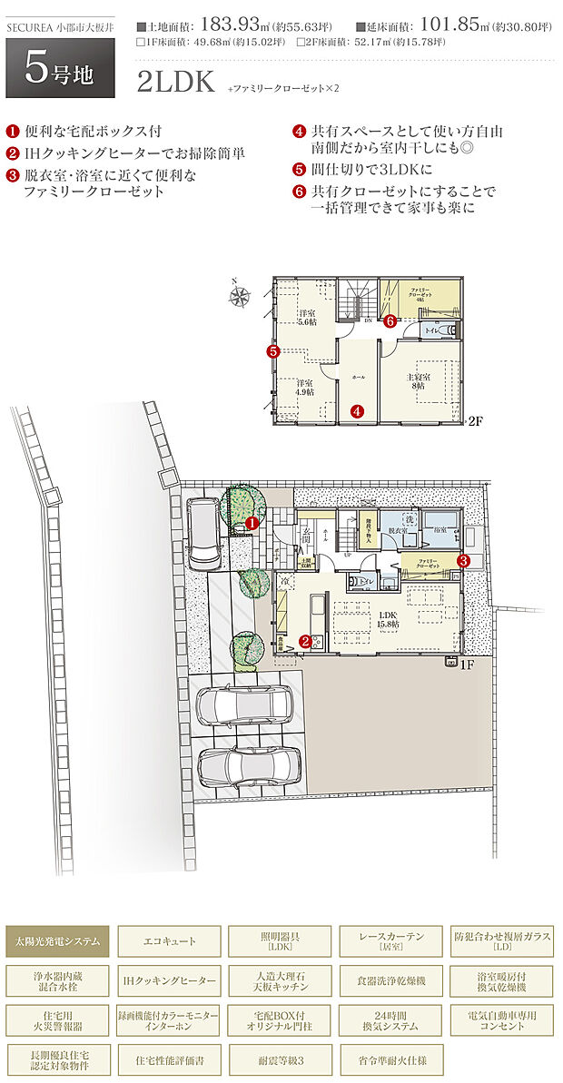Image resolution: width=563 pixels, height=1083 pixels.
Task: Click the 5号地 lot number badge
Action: (60, 72)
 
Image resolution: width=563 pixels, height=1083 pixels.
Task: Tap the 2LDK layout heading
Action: (174, 84)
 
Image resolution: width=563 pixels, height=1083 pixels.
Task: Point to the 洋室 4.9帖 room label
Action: (304, 388)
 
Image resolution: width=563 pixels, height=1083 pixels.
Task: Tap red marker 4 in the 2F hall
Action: (359, 411)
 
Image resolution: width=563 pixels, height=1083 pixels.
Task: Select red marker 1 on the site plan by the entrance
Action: (252, 523)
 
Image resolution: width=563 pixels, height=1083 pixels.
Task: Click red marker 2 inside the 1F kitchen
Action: (306, 641)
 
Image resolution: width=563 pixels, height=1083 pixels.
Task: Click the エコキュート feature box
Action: (170, 941)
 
